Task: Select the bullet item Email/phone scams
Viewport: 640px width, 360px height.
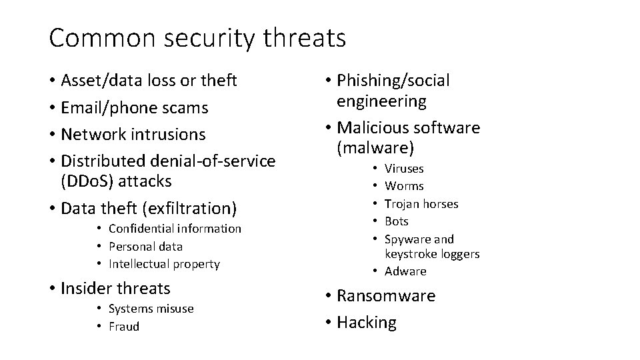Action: [x=134, y=107]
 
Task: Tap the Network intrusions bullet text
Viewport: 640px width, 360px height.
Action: [x=133, y=134]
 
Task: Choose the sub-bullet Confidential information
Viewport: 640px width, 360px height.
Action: [x=175, y=229]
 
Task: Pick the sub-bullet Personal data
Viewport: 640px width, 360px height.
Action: [x=145, y=246]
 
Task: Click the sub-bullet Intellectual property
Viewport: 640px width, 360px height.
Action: [x=163, y=264]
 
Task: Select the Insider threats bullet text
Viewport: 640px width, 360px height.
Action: [x=115, y=289]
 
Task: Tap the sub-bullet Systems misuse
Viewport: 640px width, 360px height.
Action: [x=151, y=309]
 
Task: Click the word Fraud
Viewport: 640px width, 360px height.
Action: [x=124, y=327]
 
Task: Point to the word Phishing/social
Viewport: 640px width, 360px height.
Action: [x=393, y=81]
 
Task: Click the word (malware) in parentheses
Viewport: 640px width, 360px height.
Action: [x=375, y=147]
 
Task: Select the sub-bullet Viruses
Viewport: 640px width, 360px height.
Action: [x=404, y=169]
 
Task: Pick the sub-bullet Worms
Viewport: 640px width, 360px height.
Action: [x=404, y=186]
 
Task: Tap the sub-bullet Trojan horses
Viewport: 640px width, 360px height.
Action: [x=421, y=204]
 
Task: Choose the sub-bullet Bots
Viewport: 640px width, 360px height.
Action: [x=397, y=221]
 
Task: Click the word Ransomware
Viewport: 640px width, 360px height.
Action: [x=386, y=296]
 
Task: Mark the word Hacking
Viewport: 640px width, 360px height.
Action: [x=367, y=323]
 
